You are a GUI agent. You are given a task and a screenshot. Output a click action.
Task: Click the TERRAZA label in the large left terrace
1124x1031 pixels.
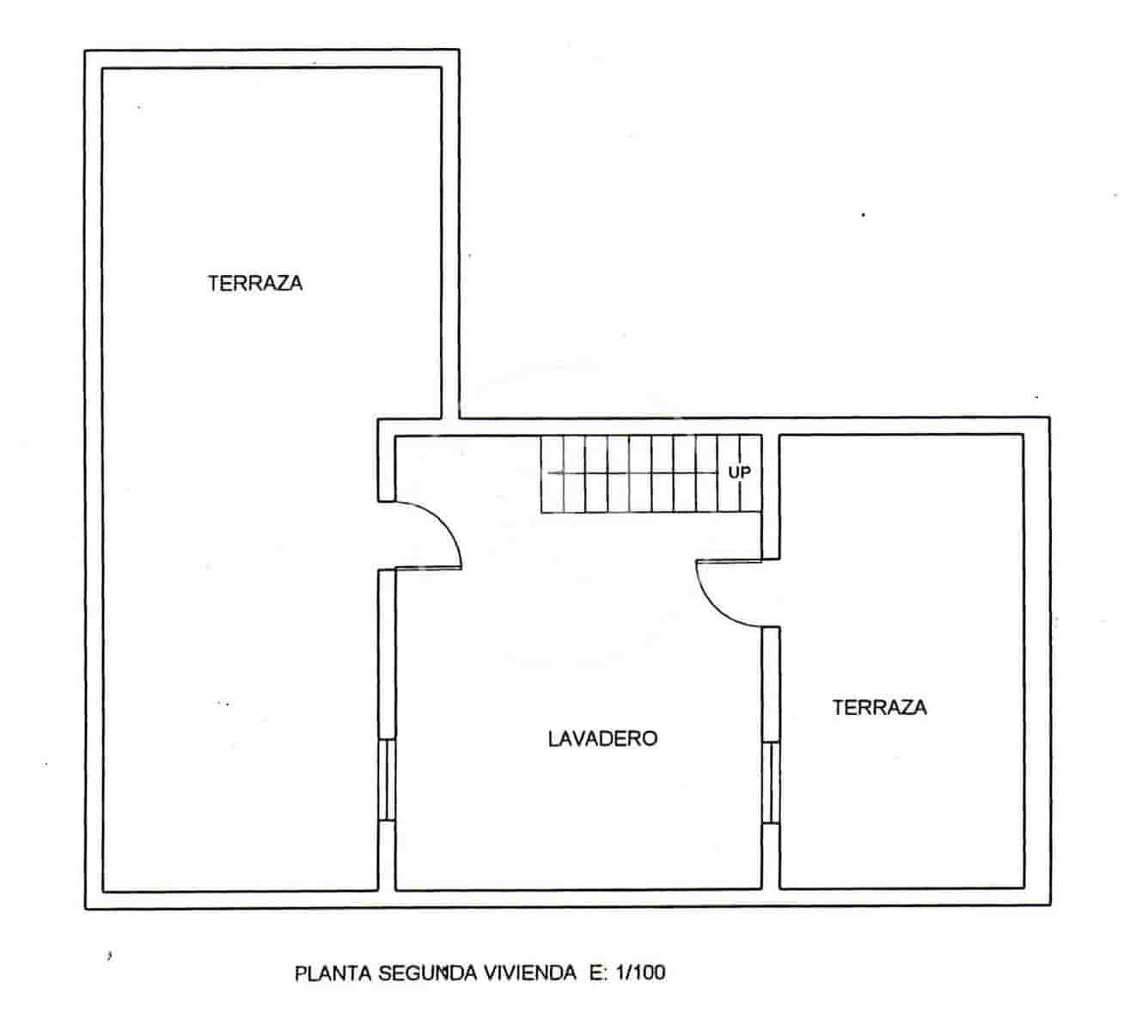coord(255,283)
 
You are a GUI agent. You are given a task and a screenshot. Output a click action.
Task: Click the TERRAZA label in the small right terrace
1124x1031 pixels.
coord(880,707)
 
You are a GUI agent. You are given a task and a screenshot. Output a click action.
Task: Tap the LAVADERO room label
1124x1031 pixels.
coord(602,738)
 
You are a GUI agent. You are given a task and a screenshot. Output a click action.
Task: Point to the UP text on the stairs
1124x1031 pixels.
coord(739,472)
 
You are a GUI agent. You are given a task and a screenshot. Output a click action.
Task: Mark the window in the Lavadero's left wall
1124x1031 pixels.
coord(387,780)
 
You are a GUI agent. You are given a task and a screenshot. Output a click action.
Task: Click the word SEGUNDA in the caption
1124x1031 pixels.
coord(417,973)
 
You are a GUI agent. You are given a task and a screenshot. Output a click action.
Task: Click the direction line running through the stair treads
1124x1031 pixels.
coord(636,473)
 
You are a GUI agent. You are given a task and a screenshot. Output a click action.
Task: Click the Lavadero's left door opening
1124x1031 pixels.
coord(387,534)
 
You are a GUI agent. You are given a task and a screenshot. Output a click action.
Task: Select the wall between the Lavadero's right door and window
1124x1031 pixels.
coord(771,684)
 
